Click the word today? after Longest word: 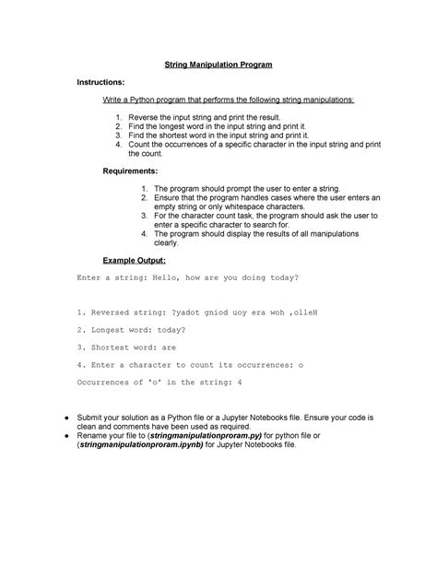tap(171, 330)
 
